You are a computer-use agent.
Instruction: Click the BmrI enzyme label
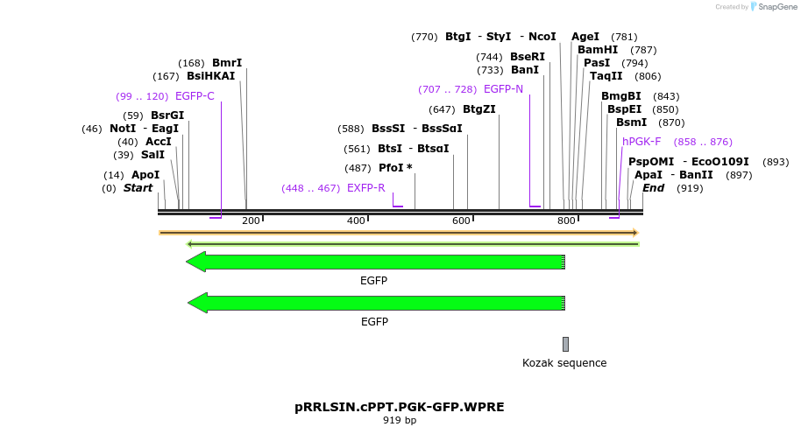pos(227,63)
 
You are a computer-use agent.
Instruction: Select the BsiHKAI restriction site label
pos(211,76)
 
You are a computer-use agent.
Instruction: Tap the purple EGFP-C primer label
pos(195,96)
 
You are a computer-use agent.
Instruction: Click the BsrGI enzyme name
pos(167,115)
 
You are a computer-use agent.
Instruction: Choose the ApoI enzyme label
pos(145,175)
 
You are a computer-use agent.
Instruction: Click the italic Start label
pos(138,188)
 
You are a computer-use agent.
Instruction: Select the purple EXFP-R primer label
pos(366,188)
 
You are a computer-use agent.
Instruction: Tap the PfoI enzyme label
pos(395,167)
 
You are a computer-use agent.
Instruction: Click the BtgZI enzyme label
pos(479,109)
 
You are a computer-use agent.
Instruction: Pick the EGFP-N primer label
pos(503,89)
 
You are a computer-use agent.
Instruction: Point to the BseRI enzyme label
pos(528,57)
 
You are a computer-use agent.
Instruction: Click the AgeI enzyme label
pos(585,37)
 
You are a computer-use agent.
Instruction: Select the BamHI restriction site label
pos(598,50)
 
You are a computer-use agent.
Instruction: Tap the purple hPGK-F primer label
pos(642,142)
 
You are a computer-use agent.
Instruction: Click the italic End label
pos(654,188)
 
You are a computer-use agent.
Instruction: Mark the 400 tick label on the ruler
pos(356,220)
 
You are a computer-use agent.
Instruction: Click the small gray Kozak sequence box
pos(566,344)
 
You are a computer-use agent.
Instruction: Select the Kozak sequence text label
pos(564,363)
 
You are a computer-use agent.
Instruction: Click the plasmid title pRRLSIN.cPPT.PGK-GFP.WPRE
pos(400,407)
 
